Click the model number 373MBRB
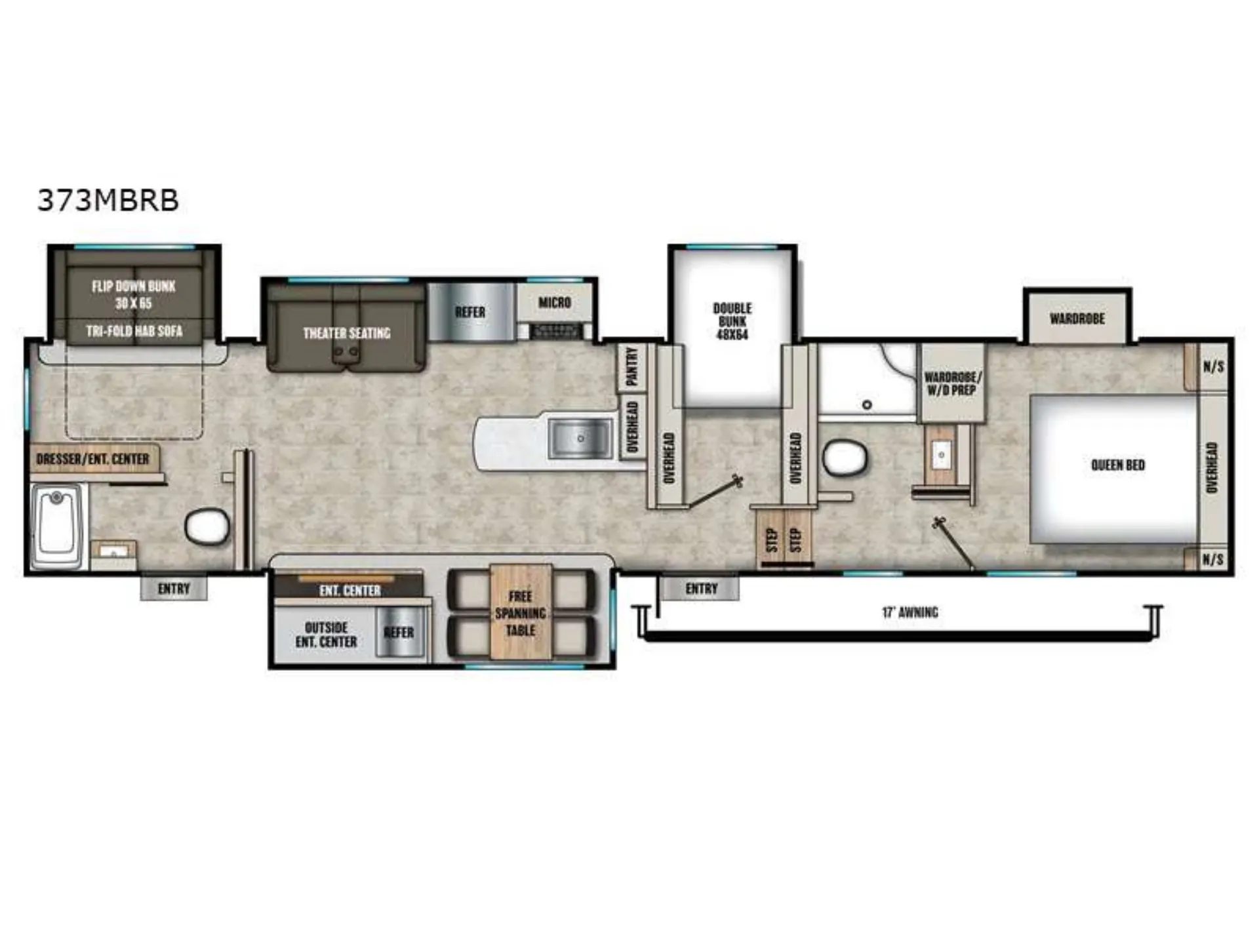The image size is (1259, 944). point(108,200)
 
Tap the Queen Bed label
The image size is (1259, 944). point(1118,465)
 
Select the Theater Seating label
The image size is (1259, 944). point(347,333)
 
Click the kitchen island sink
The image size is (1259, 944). point(579,438)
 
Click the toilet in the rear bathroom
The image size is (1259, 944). point(208,527)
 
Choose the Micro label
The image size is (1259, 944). point(555,302)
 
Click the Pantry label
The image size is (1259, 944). point(632,366)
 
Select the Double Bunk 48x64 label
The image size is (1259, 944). point(732,321)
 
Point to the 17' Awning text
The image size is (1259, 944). point(910,612)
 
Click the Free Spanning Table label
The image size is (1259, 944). point(520,614)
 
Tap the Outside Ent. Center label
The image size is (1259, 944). point(326,635)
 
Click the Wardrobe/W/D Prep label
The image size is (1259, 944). point(952,383)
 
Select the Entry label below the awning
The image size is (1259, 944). point(702,589)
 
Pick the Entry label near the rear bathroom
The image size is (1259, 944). point(174,589)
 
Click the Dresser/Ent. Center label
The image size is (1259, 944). point(93,459)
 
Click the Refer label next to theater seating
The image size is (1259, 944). point(470,312)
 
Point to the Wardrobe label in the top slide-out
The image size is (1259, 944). point(1077,319)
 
